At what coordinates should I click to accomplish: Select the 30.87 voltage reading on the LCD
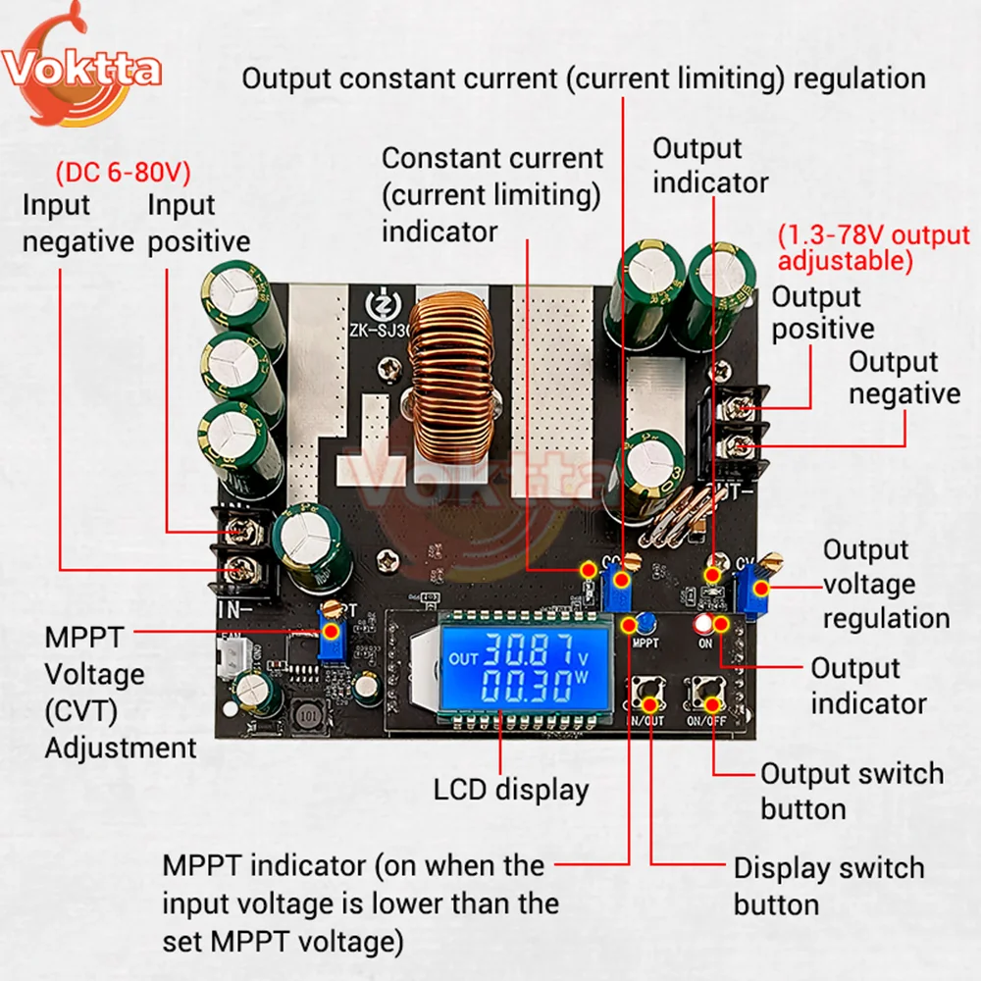point(532,648)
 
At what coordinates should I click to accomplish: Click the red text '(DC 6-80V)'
point(123,174)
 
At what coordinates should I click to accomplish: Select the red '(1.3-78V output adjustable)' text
point(873,249)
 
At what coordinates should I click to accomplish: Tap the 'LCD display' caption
point(511,790)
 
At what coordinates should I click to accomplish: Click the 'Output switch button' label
point(852,791)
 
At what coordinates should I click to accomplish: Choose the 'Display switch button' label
point(829,886)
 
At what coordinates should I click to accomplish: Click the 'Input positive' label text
point(198,224)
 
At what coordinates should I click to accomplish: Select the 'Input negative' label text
point(77,224)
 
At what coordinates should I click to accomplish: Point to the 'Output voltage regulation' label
point(885,584)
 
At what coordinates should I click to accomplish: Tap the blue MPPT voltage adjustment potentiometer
point(334,635)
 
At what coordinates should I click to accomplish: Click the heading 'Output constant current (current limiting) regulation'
point(583,78)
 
